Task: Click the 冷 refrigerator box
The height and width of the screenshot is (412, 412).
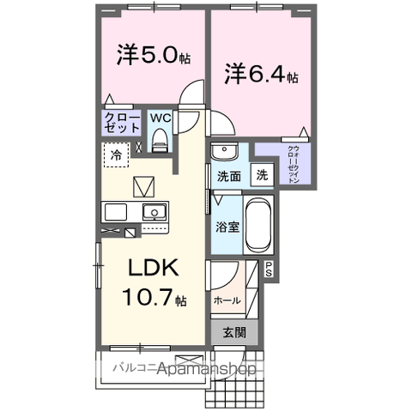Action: (116, 155)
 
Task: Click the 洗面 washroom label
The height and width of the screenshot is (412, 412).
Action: (227, 176)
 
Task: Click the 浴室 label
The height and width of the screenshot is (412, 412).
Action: (227, 227)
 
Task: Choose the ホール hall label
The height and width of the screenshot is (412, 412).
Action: (227, 300)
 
